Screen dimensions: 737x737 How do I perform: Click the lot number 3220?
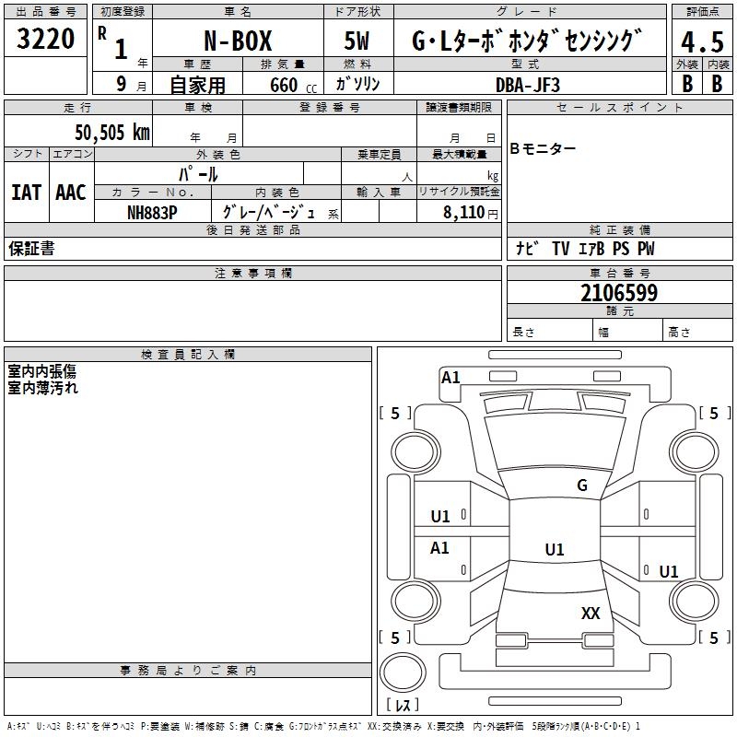pyautogui.click(x=45, y=39)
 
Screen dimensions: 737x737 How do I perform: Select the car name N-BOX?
pyautogui.click(x=238, y=41)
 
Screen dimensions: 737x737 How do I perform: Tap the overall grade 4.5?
pyautogui.click(x=702, y=41)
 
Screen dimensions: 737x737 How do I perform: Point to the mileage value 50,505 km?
pyautogui.click(x=112, y=132)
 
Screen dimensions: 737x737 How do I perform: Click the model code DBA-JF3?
pyautogui.click(x=528, y=85)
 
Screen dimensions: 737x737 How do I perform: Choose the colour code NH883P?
pyautogui.click(x=152, y=213)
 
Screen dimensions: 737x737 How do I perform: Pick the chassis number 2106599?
pyautogui.click(x=619, y=293)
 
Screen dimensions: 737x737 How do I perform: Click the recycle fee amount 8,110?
pyautogui.click(x=463, y=213)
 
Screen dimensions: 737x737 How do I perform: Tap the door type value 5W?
pyautogui.click(x=357, y=41)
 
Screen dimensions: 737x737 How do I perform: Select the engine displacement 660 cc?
pyautogui.click(x=293, y=85)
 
